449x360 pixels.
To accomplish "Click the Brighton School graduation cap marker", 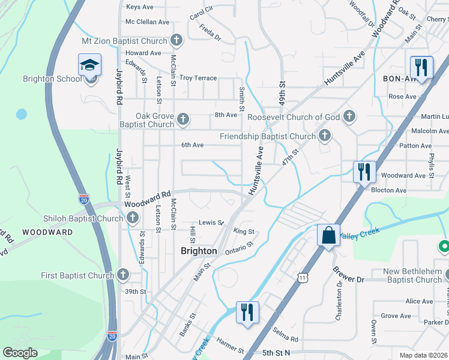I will (x=90, y=65).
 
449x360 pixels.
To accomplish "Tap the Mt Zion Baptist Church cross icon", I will (x=176, y=41).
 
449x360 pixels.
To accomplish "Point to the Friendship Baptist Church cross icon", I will (x=325, y=136).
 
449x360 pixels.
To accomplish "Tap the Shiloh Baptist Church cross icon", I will (x=133, y=217).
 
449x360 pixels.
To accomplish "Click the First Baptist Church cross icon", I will (x=122, y=275).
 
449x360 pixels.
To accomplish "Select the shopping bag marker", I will (x=328, y=235).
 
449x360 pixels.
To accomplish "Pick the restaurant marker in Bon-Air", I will (x=421, y=67).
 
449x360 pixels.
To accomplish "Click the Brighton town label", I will (x=199, y=251).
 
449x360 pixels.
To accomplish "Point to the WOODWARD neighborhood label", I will (x=47, y=231).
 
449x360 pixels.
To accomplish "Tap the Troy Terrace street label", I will (x=197, y=78).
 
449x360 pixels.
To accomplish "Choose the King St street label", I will (x=244, y=231).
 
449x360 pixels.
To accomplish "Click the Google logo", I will (x=20, y=353).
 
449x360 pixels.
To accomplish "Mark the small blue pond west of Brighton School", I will (x=22, y=113).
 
